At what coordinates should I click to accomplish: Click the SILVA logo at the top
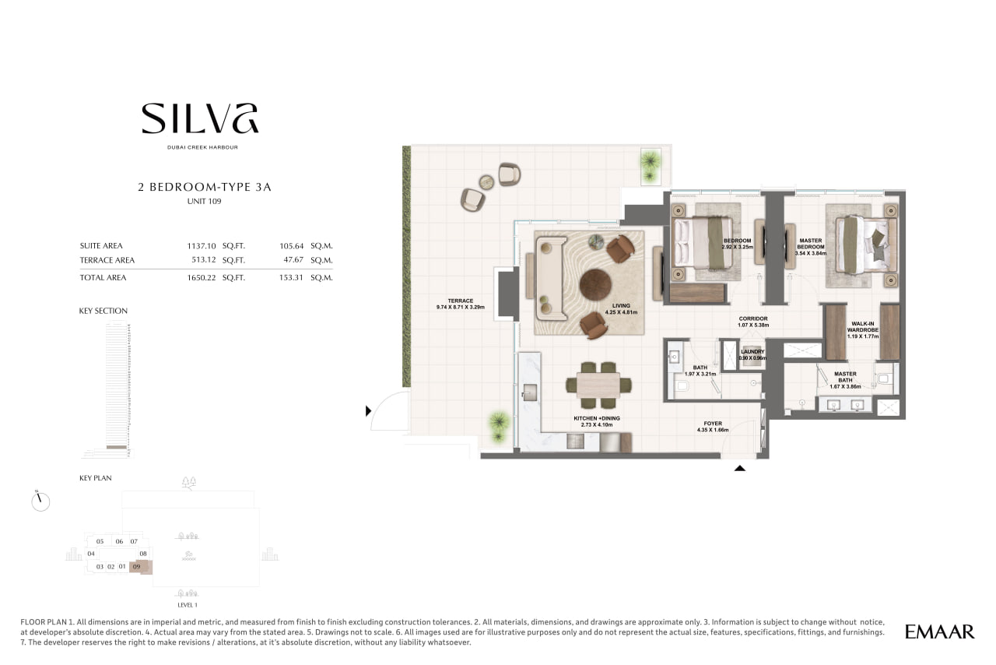point(200,118)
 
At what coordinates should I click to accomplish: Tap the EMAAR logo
point(939,632)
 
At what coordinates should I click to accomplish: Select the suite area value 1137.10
point(202,246)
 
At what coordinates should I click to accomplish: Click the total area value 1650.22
point(202,278)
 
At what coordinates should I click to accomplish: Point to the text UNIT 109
point(204,201)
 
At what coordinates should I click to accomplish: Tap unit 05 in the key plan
point(100,542)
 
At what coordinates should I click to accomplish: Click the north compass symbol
point(40,501)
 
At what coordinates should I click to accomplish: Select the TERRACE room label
point(461,301)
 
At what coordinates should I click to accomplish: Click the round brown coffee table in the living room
point(595,285)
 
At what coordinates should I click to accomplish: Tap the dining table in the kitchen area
point(598,385)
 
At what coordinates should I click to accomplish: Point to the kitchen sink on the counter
point(530,392)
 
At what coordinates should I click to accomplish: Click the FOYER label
point(713,424)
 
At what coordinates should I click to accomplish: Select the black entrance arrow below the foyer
point(740,468)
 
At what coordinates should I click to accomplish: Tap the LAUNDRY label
point(752,352)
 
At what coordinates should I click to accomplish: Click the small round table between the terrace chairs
point(486,182)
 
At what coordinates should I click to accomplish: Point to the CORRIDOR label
point(753,318)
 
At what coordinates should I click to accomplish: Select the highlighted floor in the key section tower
point(117,446)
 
